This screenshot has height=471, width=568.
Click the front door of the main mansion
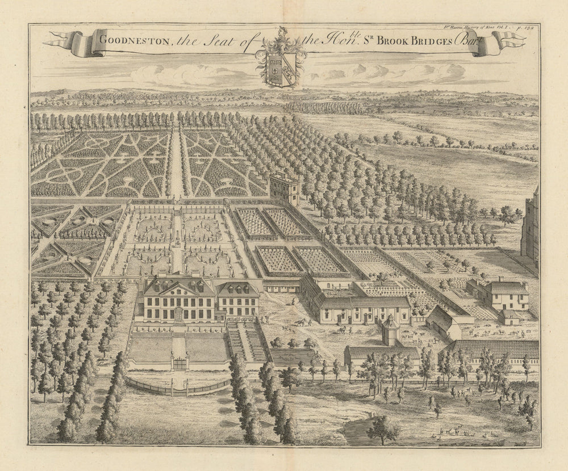pyautogui.click(x=179, y=314)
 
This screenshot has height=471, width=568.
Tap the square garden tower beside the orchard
pyautogui.click(x=284, y=188)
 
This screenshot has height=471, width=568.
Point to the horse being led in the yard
pyautogui.click(x=300, y=322)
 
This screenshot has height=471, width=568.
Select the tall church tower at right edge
pyautogui.click(x=531, y=224)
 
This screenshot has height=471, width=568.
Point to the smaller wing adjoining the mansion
pyautogui.click(x=238, y=298)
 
